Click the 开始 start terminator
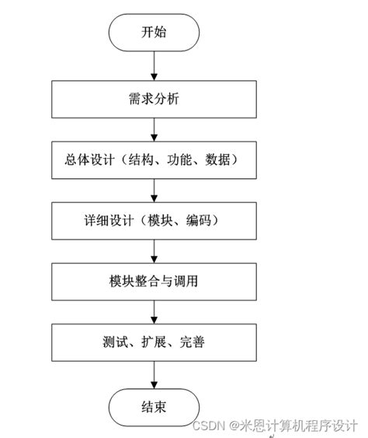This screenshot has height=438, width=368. click(154, 32)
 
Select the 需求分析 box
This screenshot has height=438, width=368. click(154, 100)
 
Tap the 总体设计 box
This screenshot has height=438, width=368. click(154, 160)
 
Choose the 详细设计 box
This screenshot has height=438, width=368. click(154, 221)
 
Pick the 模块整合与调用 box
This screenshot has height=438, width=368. click(154, 282)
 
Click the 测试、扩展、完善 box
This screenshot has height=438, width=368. click(154, 342)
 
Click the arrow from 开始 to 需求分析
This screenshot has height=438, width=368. click(154, 65)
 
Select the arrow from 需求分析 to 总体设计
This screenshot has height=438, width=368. click(154, 130)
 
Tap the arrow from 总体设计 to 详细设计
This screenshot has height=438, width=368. click(154, 191)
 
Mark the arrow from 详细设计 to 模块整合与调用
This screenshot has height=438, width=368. click(154, 251)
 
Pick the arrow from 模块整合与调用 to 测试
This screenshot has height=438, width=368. click(154, 312)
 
